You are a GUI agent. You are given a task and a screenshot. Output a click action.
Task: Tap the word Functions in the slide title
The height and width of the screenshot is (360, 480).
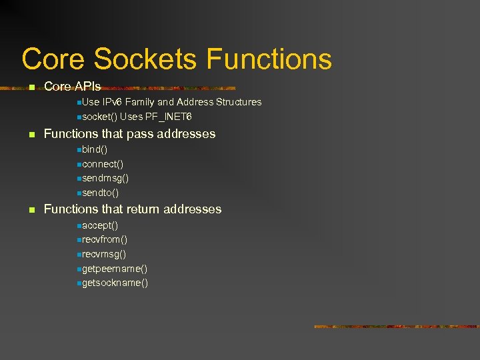[269, 59]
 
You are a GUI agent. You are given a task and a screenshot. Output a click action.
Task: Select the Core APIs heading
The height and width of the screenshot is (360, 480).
[72, 86]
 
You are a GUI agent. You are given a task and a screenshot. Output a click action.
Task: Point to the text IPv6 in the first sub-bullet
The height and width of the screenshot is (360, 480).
[111, 102]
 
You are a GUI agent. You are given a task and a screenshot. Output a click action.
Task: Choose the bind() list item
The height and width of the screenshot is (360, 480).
[95, 149]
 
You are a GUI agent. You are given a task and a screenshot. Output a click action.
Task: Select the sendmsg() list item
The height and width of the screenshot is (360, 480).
[105, 178]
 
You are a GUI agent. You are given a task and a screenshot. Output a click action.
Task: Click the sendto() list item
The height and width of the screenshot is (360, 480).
[100, 193]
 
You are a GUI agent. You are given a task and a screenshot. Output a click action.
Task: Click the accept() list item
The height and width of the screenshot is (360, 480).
[100, 225]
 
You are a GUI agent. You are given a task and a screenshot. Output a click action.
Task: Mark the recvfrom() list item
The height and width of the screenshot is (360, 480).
[105, 239]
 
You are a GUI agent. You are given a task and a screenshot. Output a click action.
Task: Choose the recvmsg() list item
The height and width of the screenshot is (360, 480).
[104, 254]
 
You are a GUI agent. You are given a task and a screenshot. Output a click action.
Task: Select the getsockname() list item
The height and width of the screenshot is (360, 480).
[115, 283]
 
